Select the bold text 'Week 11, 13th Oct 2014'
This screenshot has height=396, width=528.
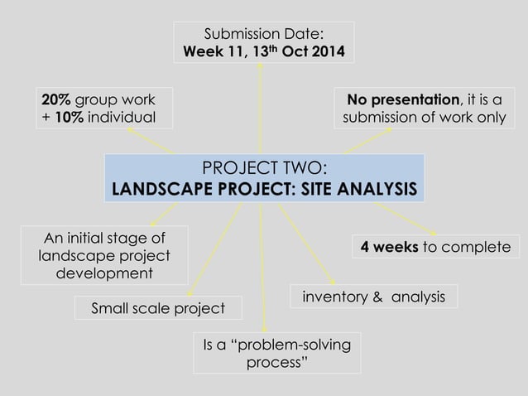(263, 51)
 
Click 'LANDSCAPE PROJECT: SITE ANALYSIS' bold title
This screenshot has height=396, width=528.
(264, 189)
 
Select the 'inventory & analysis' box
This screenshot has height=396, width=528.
(373, 296)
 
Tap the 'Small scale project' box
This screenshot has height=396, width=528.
(159, 308)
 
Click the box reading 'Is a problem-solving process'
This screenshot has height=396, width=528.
(276, 353)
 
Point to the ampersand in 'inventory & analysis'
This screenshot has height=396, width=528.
(374, 297)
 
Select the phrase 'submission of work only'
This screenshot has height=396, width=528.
(424, 118)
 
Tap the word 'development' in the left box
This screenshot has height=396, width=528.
(104, 273)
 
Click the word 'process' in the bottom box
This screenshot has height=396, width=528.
(276, 363)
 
